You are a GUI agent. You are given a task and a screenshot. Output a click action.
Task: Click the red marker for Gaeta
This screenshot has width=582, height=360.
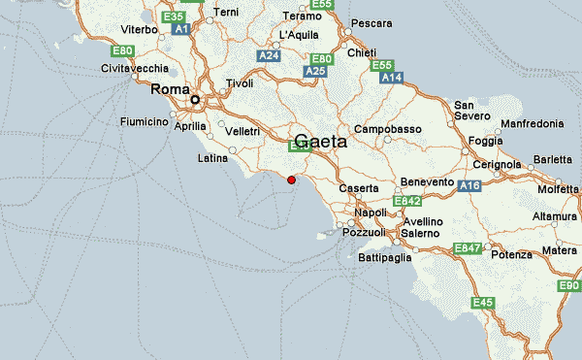(291, 180)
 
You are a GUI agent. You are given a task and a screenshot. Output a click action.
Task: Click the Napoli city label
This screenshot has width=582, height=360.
(371, 212)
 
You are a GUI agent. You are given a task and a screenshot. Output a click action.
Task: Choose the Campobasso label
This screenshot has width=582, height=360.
(387, 129)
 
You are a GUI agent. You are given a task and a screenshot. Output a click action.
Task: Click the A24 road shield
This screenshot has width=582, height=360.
(269, 56)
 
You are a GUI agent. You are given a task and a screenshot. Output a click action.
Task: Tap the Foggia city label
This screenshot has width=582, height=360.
(485, 141)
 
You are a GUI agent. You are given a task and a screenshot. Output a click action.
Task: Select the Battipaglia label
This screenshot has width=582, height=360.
(385, 257)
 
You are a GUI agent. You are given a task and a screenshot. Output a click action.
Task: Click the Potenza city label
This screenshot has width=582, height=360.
(511, 254)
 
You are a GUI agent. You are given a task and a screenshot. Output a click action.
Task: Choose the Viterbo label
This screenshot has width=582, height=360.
(138, 30)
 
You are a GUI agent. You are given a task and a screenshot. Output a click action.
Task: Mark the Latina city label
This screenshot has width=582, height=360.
(212, 157)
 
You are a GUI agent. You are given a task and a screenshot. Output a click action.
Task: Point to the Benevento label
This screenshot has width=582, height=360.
(427, 182)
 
